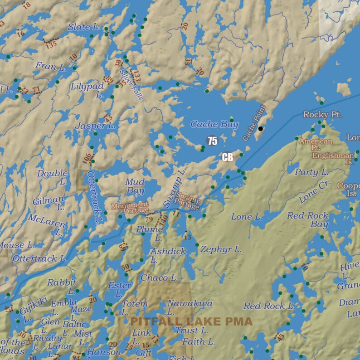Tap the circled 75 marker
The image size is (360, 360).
click(212, 141)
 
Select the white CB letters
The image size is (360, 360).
click(228, 157)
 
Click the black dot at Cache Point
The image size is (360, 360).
click(260, 129)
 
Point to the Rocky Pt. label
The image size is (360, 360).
click(322, 114)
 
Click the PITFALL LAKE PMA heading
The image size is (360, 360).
click(191, 321)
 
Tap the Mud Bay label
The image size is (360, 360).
click(135, 186)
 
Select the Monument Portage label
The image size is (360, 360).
click(130, 208)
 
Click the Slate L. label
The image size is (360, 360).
click(84, 27)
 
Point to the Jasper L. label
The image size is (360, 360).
click(95, 126)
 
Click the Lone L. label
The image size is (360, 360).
click(247, 217)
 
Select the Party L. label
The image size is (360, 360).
click(311, 172)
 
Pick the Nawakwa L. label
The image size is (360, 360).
click(184, 307)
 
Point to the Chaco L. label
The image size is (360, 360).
click(159, 277)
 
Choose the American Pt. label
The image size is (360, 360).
click(316, 145)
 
